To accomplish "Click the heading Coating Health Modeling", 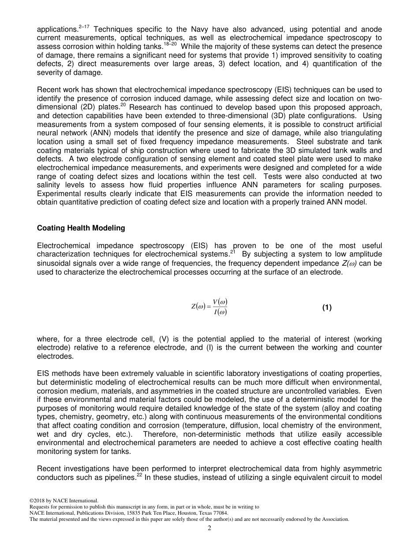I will tap(81, 228).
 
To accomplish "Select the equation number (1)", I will tap(327, 308).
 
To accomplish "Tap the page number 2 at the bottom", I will tap(209, 528).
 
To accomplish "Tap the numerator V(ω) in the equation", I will tap(220, 302).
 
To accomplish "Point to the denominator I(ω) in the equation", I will tap(220, 313).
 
